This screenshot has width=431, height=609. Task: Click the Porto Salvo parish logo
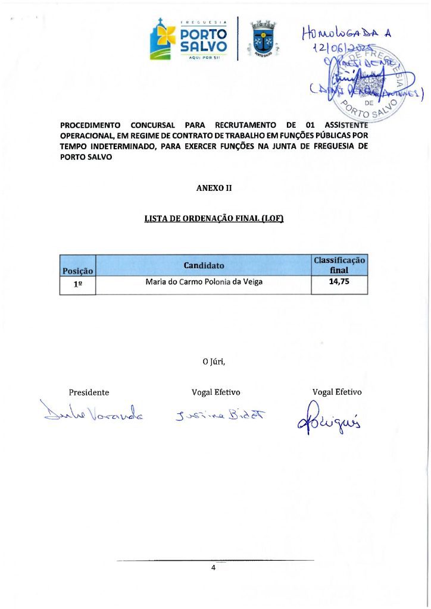pos(189,39)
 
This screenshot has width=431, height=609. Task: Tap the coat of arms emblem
pos(262,39)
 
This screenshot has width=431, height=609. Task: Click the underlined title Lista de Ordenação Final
pos(214,218)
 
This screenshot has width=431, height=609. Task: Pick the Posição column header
pos(77,271)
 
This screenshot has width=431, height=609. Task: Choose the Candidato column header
pos(204,265)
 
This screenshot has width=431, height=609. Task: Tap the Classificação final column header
pos(339,265)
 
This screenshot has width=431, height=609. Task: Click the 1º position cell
pos(77,284)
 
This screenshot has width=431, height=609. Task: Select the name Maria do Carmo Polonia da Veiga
pos(204,282)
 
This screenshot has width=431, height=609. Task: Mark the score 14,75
pos(339,282)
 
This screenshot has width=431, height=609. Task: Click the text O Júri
pos(214,361)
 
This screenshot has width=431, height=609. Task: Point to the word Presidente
pos(89,393)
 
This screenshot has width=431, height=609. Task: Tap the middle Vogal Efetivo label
pos(215,393)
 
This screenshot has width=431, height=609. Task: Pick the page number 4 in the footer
pos(213,568)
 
